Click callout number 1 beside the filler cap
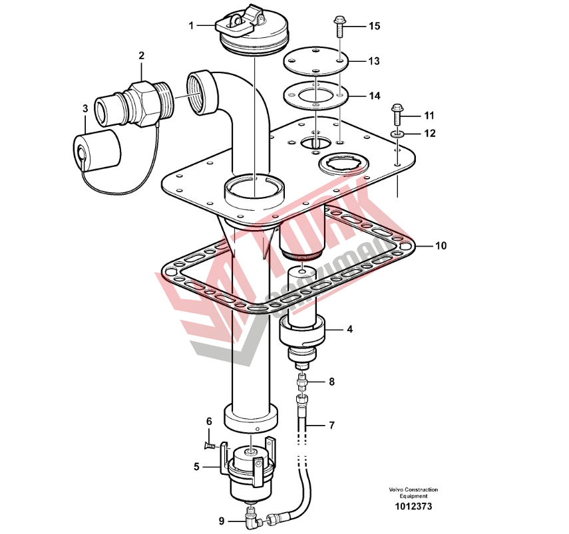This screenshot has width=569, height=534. pyautogui.click(x=191, y=26)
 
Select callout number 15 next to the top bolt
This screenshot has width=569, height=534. pyautogui.click(x=374, y=26)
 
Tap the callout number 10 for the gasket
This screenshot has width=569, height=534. pyautogui.click(x=441, y=246)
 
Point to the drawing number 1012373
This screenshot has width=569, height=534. pyautogui.click(x=413, y=506)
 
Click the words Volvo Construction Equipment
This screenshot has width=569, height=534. pyautogui.click(x=413, y=493)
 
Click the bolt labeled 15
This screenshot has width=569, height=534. pyautogui.click(x=339, y=27)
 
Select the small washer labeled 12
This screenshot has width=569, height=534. pyautogui.click(x=397, y=134)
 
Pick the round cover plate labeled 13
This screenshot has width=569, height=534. pyautogui.click(x=315, y=62)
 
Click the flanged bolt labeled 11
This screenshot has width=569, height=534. pyautogui.click(x=397, y=114)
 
